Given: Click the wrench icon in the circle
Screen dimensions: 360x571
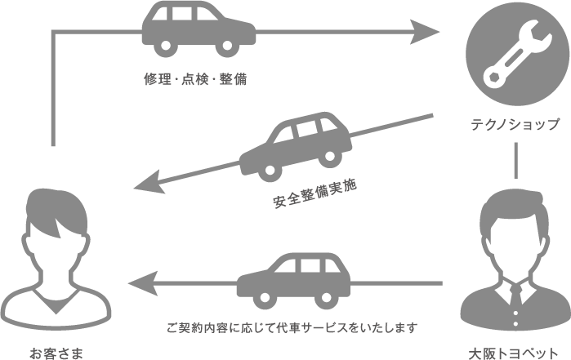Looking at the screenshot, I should [x=515, y=56].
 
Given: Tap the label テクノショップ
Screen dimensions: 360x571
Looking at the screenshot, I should [x=515, y=125].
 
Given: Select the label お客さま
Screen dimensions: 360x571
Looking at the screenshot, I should [x=56, y=353].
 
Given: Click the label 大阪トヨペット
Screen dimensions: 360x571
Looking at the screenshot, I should [x=519, y=353].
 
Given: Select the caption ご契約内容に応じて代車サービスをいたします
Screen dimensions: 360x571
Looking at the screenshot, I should [x=292, y=328].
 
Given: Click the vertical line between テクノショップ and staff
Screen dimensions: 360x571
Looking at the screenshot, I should [x=516, y=159].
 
